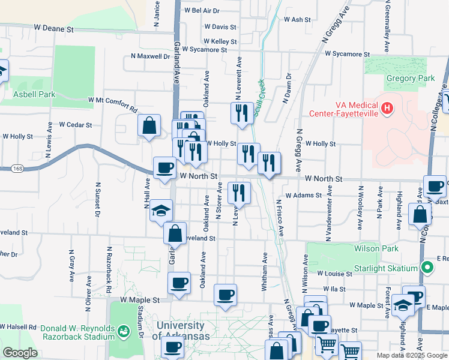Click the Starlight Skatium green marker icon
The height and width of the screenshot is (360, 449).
coord(427,267)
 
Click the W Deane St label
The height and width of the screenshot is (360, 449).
coord(53,28)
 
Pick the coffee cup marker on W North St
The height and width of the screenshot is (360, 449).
coord(164,168)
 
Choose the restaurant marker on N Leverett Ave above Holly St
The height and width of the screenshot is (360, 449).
coord(242,113)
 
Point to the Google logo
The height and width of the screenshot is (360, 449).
coord(20,353)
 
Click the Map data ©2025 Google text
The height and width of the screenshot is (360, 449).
coord(411,355)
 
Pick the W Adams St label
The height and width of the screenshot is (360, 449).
coord(304,195)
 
